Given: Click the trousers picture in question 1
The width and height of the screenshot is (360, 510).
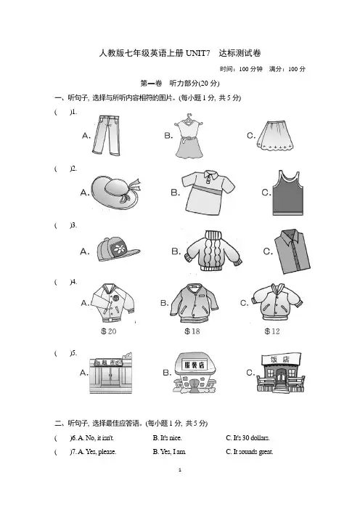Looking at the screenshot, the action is click(106, 135).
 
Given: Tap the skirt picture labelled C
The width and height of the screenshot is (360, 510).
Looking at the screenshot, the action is click(276, 136).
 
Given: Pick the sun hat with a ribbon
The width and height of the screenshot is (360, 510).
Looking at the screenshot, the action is click(115, 193).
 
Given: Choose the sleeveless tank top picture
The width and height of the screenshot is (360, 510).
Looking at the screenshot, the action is click(288, 193).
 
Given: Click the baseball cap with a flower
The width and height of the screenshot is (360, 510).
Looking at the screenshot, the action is click(118, 249).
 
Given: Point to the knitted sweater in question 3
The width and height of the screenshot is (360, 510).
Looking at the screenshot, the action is click(213, 251).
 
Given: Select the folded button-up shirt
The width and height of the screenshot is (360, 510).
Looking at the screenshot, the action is click(292, 251).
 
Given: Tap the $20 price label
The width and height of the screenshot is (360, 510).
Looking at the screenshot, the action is click(109, 331).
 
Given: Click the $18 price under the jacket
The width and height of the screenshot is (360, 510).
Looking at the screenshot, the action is click(192, 331).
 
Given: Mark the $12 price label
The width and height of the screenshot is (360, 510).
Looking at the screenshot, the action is click(272, 331).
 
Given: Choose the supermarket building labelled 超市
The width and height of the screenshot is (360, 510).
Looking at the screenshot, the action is click(111, 373).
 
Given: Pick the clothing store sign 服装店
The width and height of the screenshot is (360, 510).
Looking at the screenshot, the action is click(195, 365).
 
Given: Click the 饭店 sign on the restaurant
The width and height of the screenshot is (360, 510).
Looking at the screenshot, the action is click(280, 360).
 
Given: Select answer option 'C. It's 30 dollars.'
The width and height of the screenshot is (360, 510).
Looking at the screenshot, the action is click(247, 438).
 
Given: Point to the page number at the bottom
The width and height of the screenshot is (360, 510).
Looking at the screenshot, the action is click(180, 470).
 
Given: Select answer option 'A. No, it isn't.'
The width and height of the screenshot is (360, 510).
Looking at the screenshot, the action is click(93, 438).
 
